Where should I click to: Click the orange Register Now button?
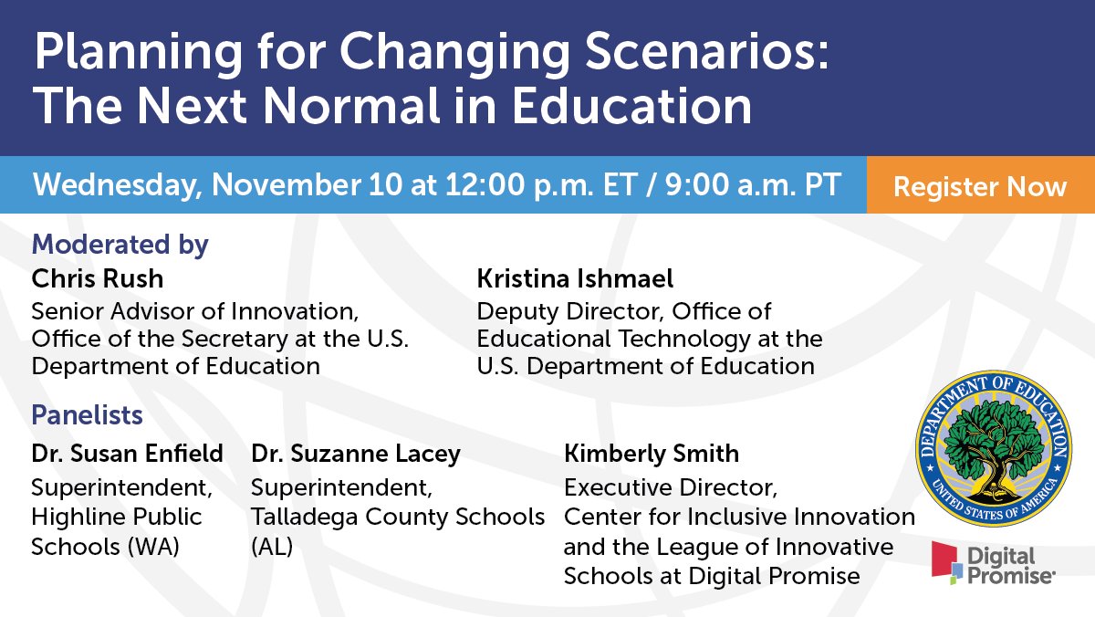tap(980, 187)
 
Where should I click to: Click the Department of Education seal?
tap(994, 448)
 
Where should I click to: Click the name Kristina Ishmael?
tap(575, 277)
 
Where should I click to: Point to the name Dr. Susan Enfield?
tap(127, 453)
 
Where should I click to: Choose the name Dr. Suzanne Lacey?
tap(356, 453)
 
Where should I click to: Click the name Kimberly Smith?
tap(652, 453)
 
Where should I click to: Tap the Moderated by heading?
tap(120, 245)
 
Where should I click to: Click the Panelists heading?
tap(87, 415)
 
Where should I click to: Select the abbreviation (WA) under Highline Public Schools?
tap(149, 546)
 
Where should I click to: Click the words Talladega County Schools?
tap(398, 517)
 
